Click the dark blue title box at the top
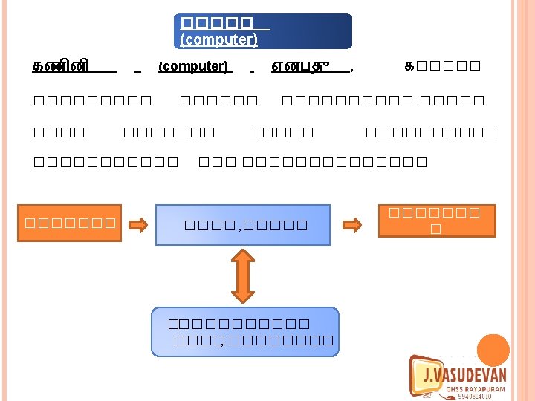click(x=262, y=30)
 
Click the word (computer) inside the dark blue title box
click(x=218, y=39)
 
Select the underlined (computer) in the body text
click(x=193, y=66)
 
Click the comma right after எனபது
click(x=351, y=69)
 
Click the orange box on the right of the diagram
click(x=437, y=220)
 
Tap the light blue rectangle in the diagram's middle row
click(x=242, y=224)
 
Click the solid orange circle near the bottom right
click(x=493, y=350)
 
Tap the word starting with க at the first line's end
click(x=442, y=66)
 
